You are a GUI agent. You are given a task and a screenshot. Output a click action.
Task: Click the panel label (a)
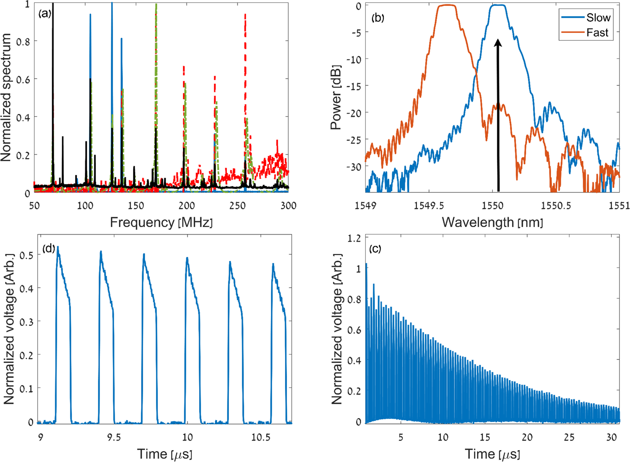tap(45, 13)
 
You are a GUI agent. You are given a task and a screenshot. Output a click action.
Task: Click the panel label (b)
tap(378, 18)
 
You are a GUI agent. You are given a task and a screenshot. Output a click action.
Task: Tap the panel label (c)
tap(375, 249)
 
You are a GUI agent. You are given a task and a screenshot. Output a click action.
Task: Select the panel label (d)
tap(48, 248)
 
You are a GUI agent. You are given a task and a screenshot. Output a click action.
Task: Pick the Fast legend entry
tap(597, 32)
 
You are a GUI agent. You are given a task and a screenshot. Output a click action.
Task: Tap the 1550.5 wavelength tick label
tap(556, 205)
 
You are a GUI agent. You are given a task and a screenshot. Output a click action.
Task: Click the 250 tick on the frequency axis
tap(237, 205)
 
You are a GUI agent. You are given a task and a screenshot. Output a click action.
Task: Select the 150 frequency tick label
tap(136, 205)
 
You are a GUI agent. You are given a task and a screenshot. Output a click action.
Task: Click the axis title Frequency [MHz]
tap(161, 222)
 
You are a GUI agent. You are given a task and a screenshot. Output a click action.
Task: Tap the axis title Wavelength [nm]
tap(492, 222)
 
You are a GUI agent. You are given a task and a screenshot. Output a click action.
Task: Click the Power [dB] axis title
tap(336, 97)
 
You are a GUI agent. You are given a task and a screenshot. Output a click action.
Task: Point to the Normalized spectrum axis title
tap(6, 98)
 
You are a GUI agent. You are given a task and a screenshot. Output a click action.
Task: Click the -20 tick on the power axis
tap(353, 113)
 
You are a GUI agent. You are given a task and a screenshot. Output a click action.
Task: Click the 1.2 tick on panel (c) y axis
tap(354, 238)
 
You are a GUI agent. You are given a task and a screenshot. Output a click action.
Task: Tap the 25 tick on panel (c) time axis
tap(569, 437)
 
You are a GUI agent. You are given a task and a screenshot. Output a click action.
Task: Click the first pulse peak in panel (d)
tap(58, 247)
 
